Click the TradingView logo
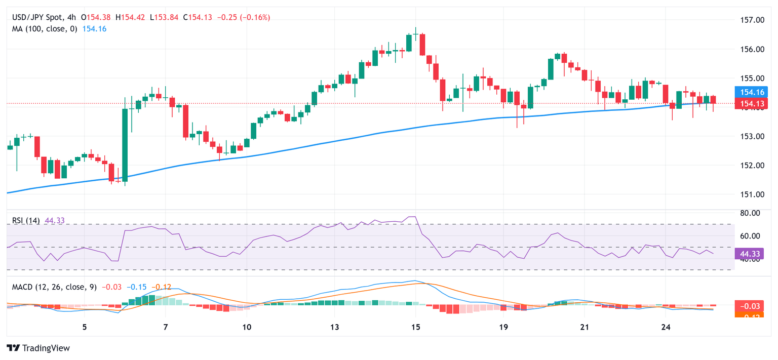pos(38,348)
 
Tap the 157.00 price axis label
pos(752,20)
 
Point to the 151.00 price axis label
pos(752,194)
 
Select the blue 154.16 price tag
pos(752,92)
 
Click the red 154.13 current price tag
pos(752,104)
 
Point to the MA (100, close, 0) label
pos(45,29)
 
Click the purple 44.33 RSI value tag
pos(752,253)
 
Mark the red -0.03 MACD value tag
pos(752,306)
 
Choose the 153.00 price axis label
pos(752,136)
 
